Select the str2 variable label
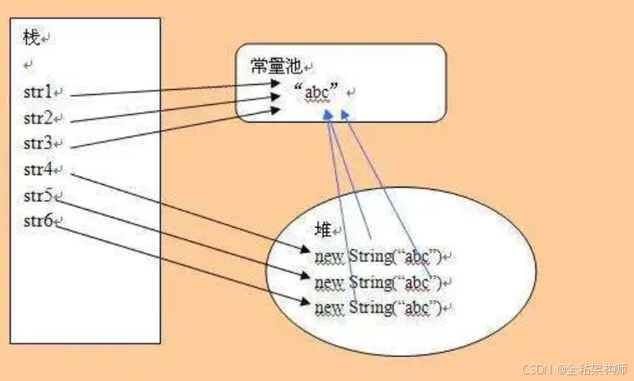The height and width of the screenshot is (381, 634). pyautogui.click(x=38, y=117)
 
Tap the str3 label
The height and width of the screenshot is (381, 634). pyautogui.click(x=38, y=143)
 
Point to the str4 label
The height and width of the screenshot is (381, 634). pyautogui.click(x=38, y=170)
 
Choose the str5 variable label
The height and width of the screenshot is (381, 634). pyautogui.click(x=38, y=197)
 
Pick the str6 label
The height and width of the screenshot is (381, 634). pyautogui.click(x=38, y=222)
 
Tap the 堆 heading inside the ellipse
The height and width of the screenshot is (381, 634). pyautogui.click(x=322, y=230)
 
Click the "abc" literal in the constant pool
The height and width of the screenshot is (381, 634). pyautogui.click(x=315, y=92)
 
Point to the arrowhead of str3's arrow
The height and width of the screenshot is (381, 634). pyautogui.click(x=277, y=109)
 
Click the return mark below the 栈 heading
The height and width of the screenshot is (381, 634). pyautogui.click(x=28, y=64)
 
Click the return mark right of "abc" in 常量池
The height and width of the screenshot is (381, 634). pyautogui.click(x=351, y=93)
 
